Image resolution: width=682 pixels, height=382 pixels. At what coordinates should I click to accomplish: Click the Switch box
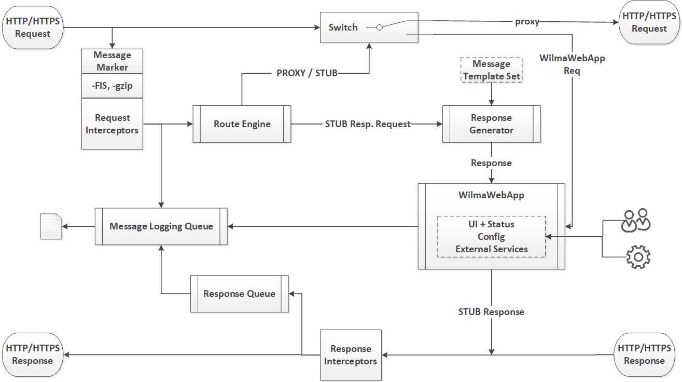pos(343,28)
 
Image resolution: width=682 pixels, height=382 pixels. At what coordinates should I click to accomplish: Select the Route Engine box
pos(242,124)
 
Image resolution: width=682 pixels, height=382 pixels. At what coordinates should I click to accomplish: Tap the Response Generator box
pos(491,124)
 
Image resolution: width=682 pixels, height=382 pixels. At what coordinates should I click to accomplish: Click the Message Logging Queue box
pos(161,226)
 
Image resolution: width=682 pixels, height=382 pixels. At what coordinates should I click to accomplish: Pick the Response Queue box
pos(239,294)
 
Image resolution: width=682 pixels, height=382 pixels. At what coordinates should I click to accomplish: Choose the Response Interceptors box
pos(351,355)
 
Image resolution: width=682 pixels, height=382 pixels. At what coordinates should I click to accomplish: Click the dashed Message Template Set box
pos(491,70)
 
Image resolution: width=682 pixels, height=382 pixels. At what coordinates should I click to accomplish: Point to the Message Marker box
pos(112,61)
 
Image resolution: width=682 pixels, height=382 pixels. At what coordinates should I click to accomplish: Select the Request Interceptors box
pos(112,125)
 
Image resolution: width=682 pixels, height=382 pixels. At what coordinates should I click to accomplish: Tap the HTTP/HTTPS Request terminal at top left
pos(33,28)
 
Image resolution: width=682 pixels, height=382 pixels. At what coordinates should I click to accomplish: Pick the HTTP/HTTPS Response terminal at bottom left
pos(33,354)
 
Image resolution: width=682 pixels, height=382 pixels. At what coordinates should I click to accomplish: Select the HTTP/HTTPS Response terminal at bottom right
pos(644,354)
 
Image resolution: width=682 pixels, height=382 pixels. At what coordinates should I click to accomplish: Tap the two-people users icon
pos(636,220)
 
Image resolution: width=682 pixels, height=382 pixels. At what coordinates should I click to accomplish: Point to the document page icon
pos(51,226)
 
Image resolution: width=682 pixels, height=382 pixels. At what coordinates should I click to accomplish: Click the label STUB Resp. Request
pos(368,124)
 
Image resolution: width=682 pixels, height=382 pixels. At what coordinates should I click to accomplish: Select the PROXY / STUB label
pos(307,73)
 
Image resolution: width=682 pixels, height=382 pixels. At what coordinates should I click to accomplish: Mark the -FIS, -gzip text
pos(112,86)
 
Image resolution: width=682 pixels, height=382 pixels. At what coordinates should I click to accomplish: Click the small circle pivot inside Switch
pos(379,28)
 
